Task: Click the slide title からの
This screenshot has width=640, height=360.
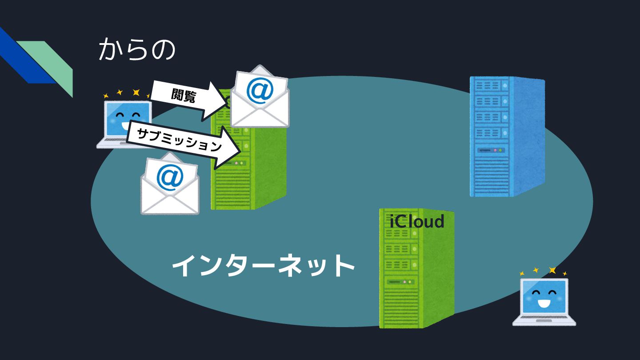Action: [x=137, y=50]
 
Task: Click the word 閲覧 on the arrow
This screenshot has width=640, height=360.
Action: [x=183, y=95]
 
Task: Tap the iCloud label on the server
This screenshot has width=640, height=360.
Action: [x=417, y=221]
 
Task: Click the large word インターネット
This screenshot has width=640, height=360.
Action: [x=263, y=265]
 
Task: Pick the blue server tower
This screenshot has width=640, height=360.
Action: [x=506, y=136]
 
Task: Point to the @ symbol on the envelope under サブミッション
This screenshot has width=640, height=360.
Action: [x=170, y=177]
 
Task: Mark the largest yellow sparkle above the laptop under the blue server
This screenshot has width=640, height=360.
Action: [x=552, y=270]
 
